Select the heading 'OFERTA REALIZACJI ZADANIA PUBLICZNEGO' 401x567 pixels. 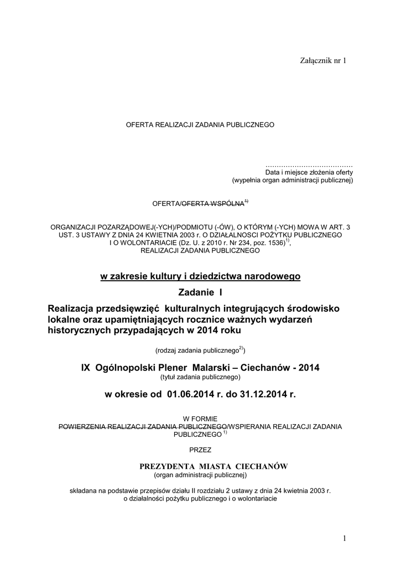pyautogui.click(x=200, y=125)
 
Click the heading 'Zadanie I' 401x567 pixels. pyautogui.click(x=200, y=292)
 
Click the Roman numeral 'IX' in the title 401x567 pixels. pyautogui.click(x=87, y=368)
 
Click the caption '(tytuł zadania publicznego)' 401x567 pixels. pyautogui.click(x=200, y=377)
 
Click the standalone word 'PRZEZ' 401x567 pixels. pyautogui.click(x=200, y=450)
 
